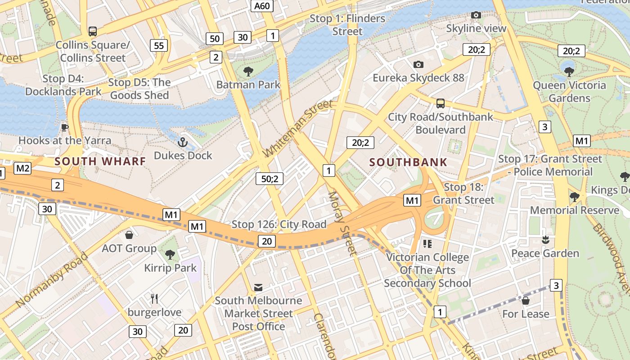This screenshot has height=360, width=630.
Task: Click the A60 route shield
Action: click(x=262, y=6)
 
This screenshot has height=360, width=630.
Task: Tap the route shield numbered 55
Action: click(x=158, y=45)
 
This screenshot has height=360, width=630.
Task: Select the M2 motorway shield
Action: click(x=22, y=168)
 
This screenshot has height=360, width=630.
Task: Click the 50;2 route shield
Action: click(x=270, y=179)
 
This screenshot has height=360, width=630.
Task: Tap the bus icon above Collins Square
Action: click(x=93, y=31)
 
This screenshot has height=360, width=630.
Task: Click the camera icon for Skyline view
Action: click(x=476, y=15)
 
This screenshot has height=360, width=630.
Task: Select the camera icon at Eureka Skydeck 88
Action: click(x=418, y=65)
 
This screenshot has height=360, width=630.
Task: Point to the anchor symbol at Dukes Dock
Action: click(x=182, y=143)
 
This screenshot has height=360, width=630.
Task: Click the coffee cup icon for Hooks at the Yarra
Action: click(x=64, y=127)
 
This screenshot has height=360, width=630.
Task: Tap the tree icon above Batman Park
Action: click(x=248, y=71)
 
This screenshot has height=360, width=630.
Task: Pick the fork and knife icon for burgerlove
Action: click(x=154, y=299)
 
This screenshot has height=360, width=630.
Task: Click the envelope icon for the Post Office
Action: click(x=258, y=287)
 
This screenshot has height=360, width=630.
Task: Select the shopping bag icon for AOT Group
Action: click(x=129, y=235)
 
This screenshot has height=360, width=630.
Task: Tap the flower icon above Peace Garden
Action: click(x=545, y=240)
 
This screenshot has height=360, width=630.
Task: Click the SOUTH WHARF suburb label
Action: click(x=100, y=161)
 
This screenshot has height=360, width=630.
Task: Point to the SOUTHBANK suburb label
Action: click(x=408, y=162)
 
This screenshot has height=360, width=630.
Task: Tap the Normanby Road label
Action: click(x=52, y=280)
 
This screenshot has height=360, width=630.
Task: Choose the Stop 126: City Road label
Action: click(x=279, y=224)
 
